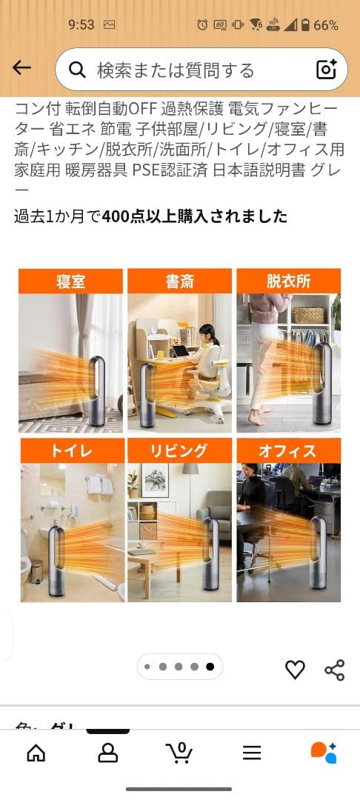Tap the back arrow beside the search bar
[21, 68]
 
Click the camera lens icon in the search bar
[327, 70]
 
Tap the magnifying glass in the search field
[77, 70]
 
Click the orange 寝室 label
[71, 281]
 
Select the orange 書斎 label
[179, 281]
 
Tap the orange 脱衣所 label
[288, 281]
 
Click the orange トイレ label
[71, 450]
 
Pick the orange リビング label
[179, 450]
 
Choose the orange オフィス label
[288, 450]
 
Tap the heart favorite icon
[295, 670]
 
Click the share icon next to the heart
[335, 670]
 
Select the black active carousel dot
[210, 667]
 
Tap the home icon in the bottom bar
[36, 753]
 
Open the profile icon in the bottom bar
[108, 753]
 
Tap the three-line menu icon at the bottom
[252, 753]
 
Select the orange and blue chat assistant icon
[324, 752]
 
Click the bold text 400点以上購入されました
[195, 216]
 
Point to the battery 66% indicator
[317, 25]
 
